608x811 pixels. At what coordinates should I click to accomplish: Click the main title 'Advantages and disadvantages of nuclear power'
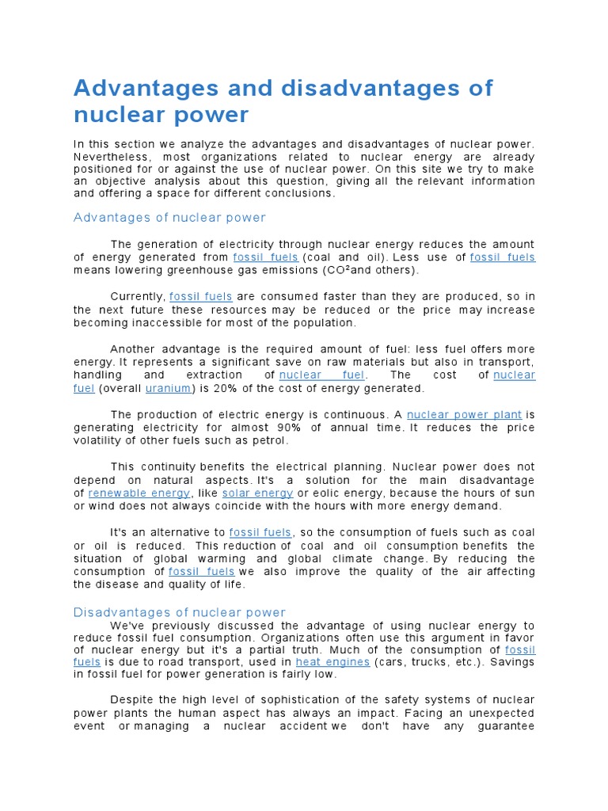click(x=283, y=101)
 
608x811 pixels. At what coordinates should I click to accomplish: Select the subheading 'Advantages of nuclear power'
click(x=169, y=217)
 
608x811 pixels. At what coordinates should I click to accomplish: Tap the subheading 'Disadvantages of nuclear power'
click(x=179, y=612)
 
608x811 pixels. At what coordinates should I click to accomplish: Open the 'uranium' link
click(x=168, y=388)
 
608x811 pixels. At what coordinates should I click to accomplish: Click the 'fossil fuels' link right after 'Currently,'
click(x=201, y=296)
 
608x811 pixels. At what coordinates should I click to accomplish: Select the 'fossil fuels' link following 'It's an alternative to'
click(x=260, y=532)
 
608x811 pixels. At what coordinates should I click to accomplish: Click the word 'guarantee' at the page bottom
click(x=503, y=725)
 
